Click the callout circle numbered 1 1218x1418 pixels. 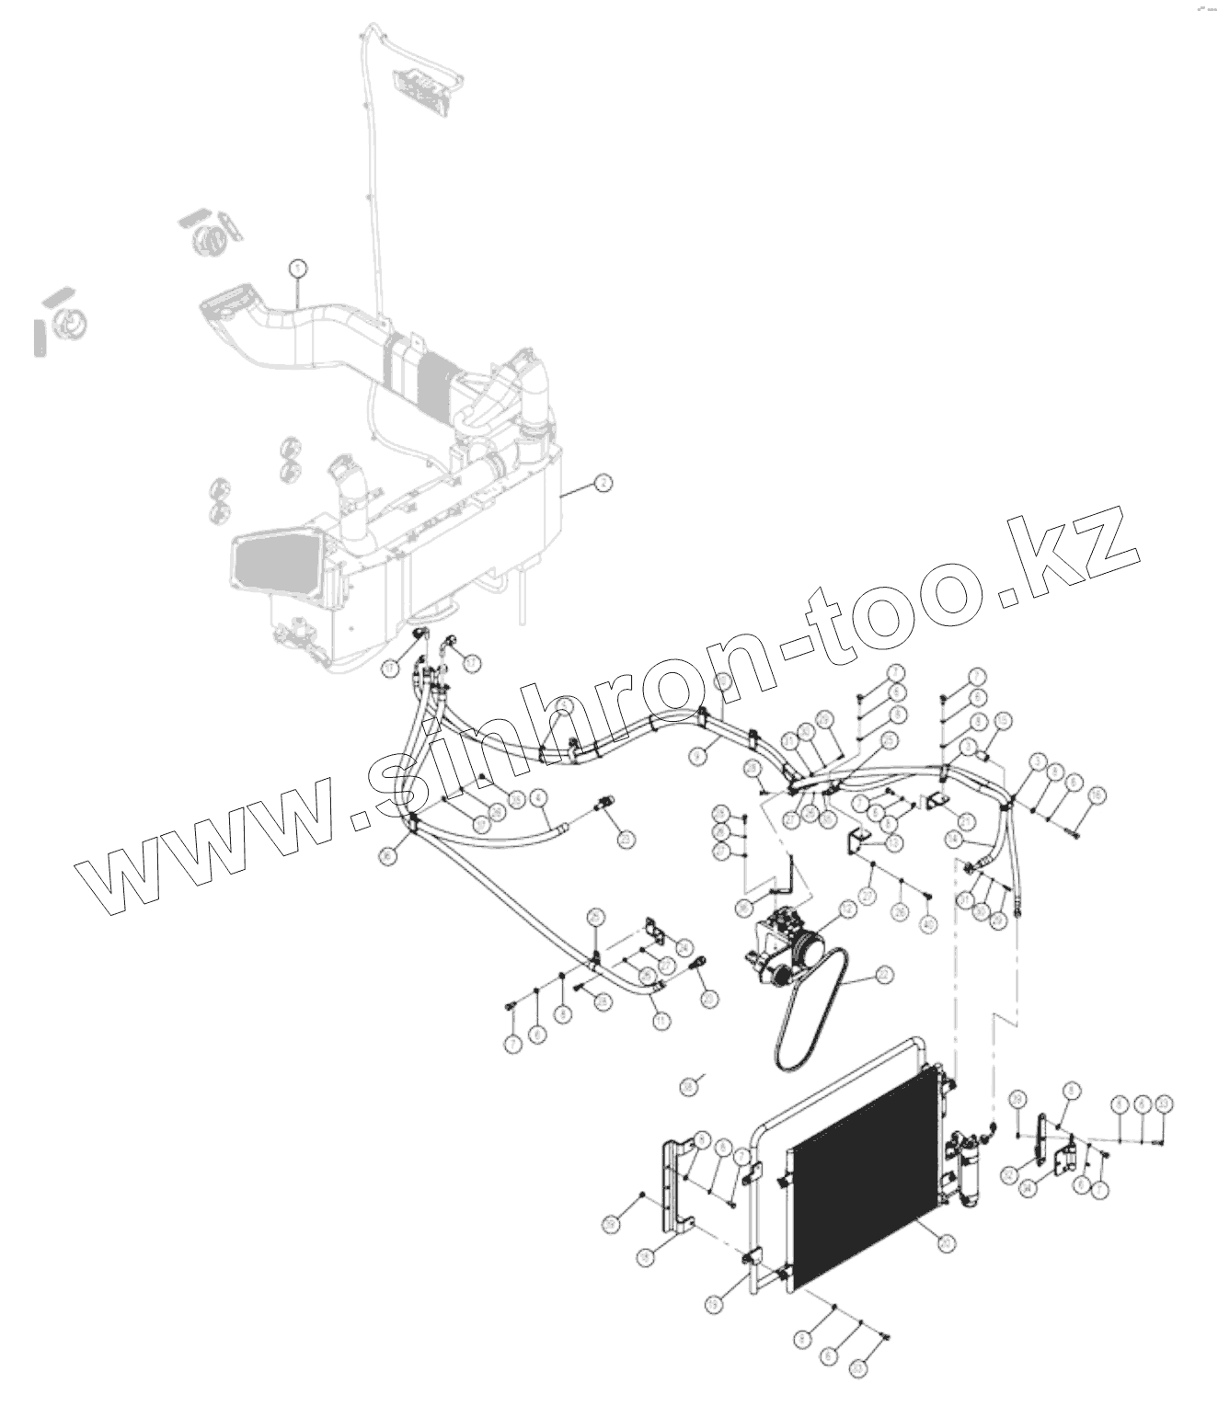tap(297, 269)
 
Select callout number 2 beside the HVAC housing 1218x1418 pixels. tap(602, 483)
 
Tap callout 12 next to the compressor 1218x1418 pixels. tap(846, 909)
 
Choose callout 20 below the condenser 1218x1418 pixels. tap(945, 1243)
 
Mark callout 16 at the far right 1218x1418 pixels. tap(1095, 796)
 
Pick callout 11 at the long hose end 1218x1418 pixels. tap(661, 1021)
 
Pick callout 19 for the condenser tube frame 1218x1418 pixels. tap(715, 1303)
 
